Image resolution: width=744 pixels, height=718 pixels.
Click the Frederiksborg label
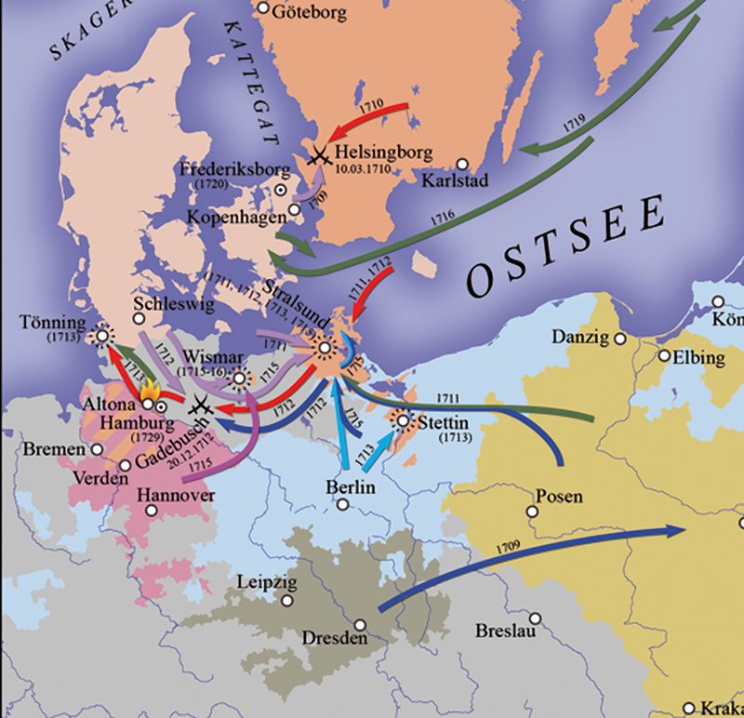click(x=223, y=170)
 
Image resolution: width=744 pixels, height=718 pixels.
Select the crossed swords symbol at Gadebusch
click(x=198, y=406)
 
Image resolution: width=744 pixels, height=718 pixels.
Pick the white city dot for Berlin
click(x=343, y=504)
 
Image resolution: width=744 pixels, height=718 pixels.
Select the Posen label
click(x=561, y=496)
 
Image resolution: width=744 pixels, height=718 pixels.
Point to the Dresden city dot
click(x=360, y=626)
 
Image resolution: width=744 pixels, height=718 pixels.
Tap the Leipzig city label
click(x=266, y=582)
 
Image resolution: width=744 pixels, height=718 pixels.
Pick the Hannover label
click(x=176, y=495)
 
